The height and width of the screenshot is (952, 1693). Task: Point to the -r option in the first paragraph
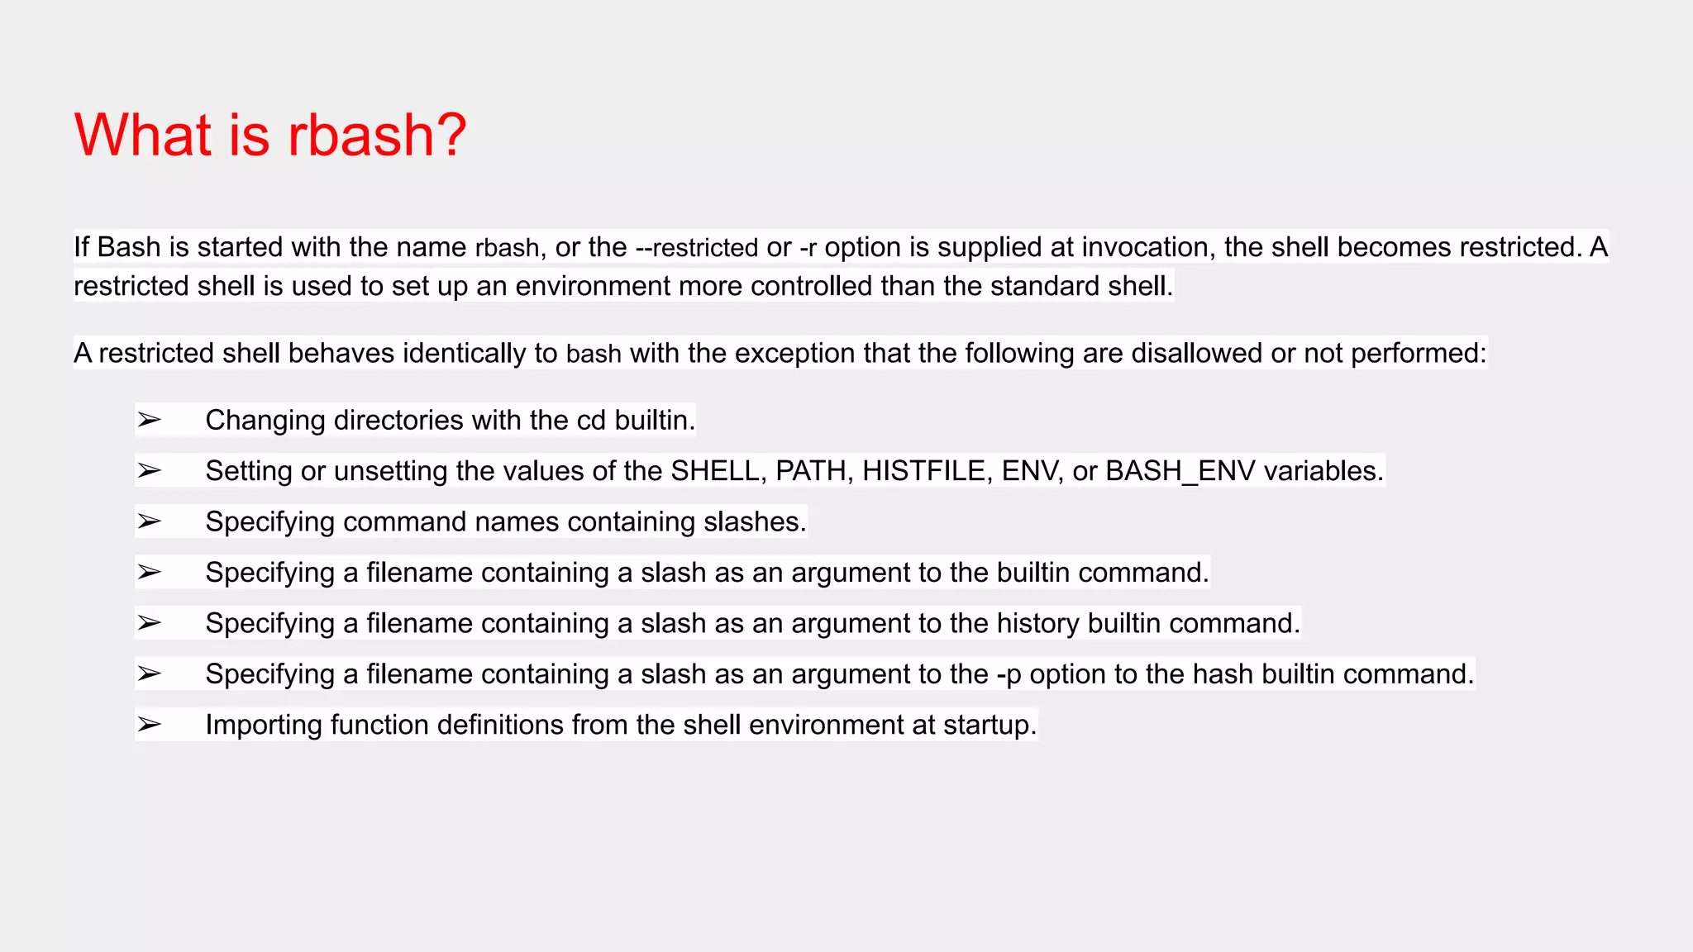(808, 247)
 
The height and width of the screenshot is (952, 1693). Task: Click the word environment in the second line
(593, 286)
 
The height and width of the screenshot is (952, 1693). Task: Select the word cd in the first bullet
(591, 420)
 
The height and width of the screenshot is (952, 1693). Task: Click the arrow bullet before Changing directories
(150, 420)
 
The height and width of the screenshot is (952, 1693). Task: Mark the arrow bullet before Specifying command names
(150, 521)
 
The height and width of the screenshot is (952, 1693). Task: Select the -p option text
(1009, 674)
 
